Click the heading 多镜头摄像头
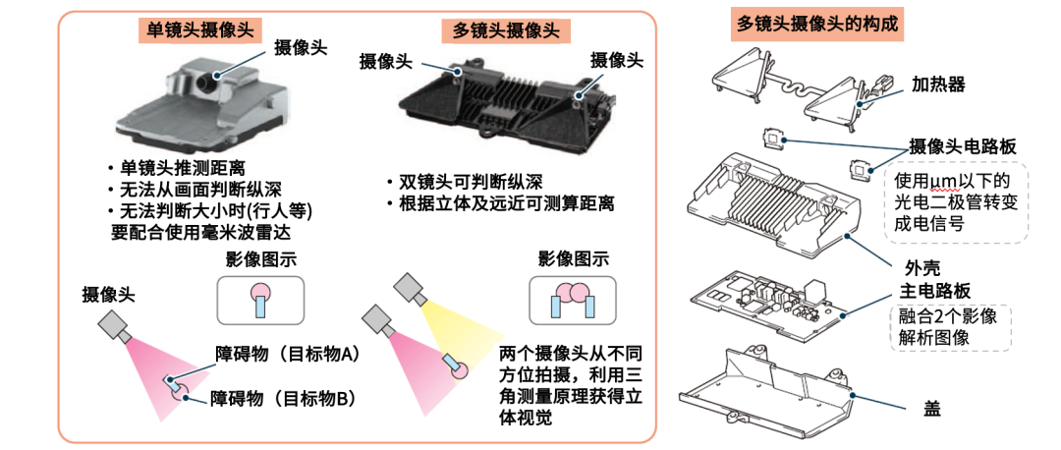tap(505, 29)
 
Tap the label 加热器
tap(938, 84)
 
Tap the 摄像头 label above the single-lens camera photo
tap(301, 46)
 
